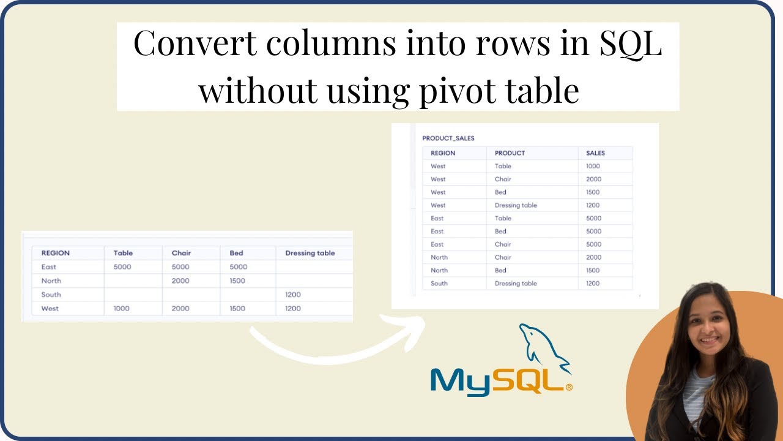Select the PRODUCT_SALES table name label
click(448, 138)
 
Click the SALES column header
click(595, 153)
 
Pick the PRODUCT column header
click(510, 153)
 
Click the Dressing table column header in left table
click(310, 253)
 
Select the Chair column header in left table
click(181, 253)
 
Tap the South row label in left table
click(51, 295)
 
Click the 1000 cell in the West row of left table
click(121, 309)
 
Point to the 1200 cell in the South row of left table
click(293, 295)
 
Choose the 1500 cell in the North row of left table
click(237, 281)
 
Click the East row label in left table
click(48, 267)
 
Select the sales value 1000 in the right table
click(593, 166)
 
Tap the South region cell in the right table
click(439, 284)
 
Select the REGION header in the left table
click(55, 253)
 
